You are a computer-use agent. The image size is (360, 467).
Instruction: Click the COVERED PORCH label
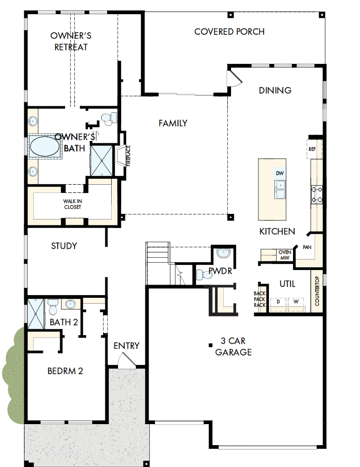229,32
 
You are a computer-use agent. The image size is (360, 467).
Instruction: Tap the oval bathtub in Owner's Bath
44,147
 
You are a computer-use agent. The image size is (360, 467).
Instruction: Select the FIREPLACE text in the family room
128,156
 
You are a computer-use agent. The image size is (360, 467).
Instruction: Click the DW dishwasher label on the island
280,173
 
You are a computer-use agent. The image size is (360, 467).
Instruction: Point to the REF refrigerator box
312,149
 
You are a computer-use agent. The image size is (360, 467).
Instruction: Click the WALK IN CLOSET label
72,204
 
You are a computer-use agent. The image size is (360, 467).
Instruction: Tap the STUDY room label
64,246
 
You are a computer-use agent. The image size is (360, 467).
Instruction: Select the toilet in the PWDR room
201,275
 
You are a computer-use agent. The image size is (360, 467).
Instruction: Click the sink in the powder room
223,253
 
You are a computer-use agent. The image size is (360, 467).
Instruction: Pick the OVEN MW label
285,255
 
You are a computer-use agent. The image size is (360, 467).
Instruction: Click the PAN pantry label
307,248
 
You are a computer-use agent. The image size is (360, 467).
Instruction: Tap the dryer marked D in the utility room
278,302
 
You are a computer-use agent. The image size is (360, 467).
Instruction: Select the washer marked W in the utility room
296,302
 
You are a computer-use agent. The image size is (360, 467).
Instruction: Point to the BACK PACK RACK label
260,299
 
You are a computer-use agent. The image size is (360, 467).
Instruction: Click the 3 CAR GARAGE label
233,346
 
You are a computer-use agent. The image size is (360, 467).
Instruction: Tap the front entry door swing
124,362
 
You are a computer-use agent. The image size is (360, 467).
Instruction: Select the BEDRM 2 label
65,371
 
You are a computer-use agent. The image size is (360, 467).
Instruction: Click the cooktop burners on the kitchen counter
316,194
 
